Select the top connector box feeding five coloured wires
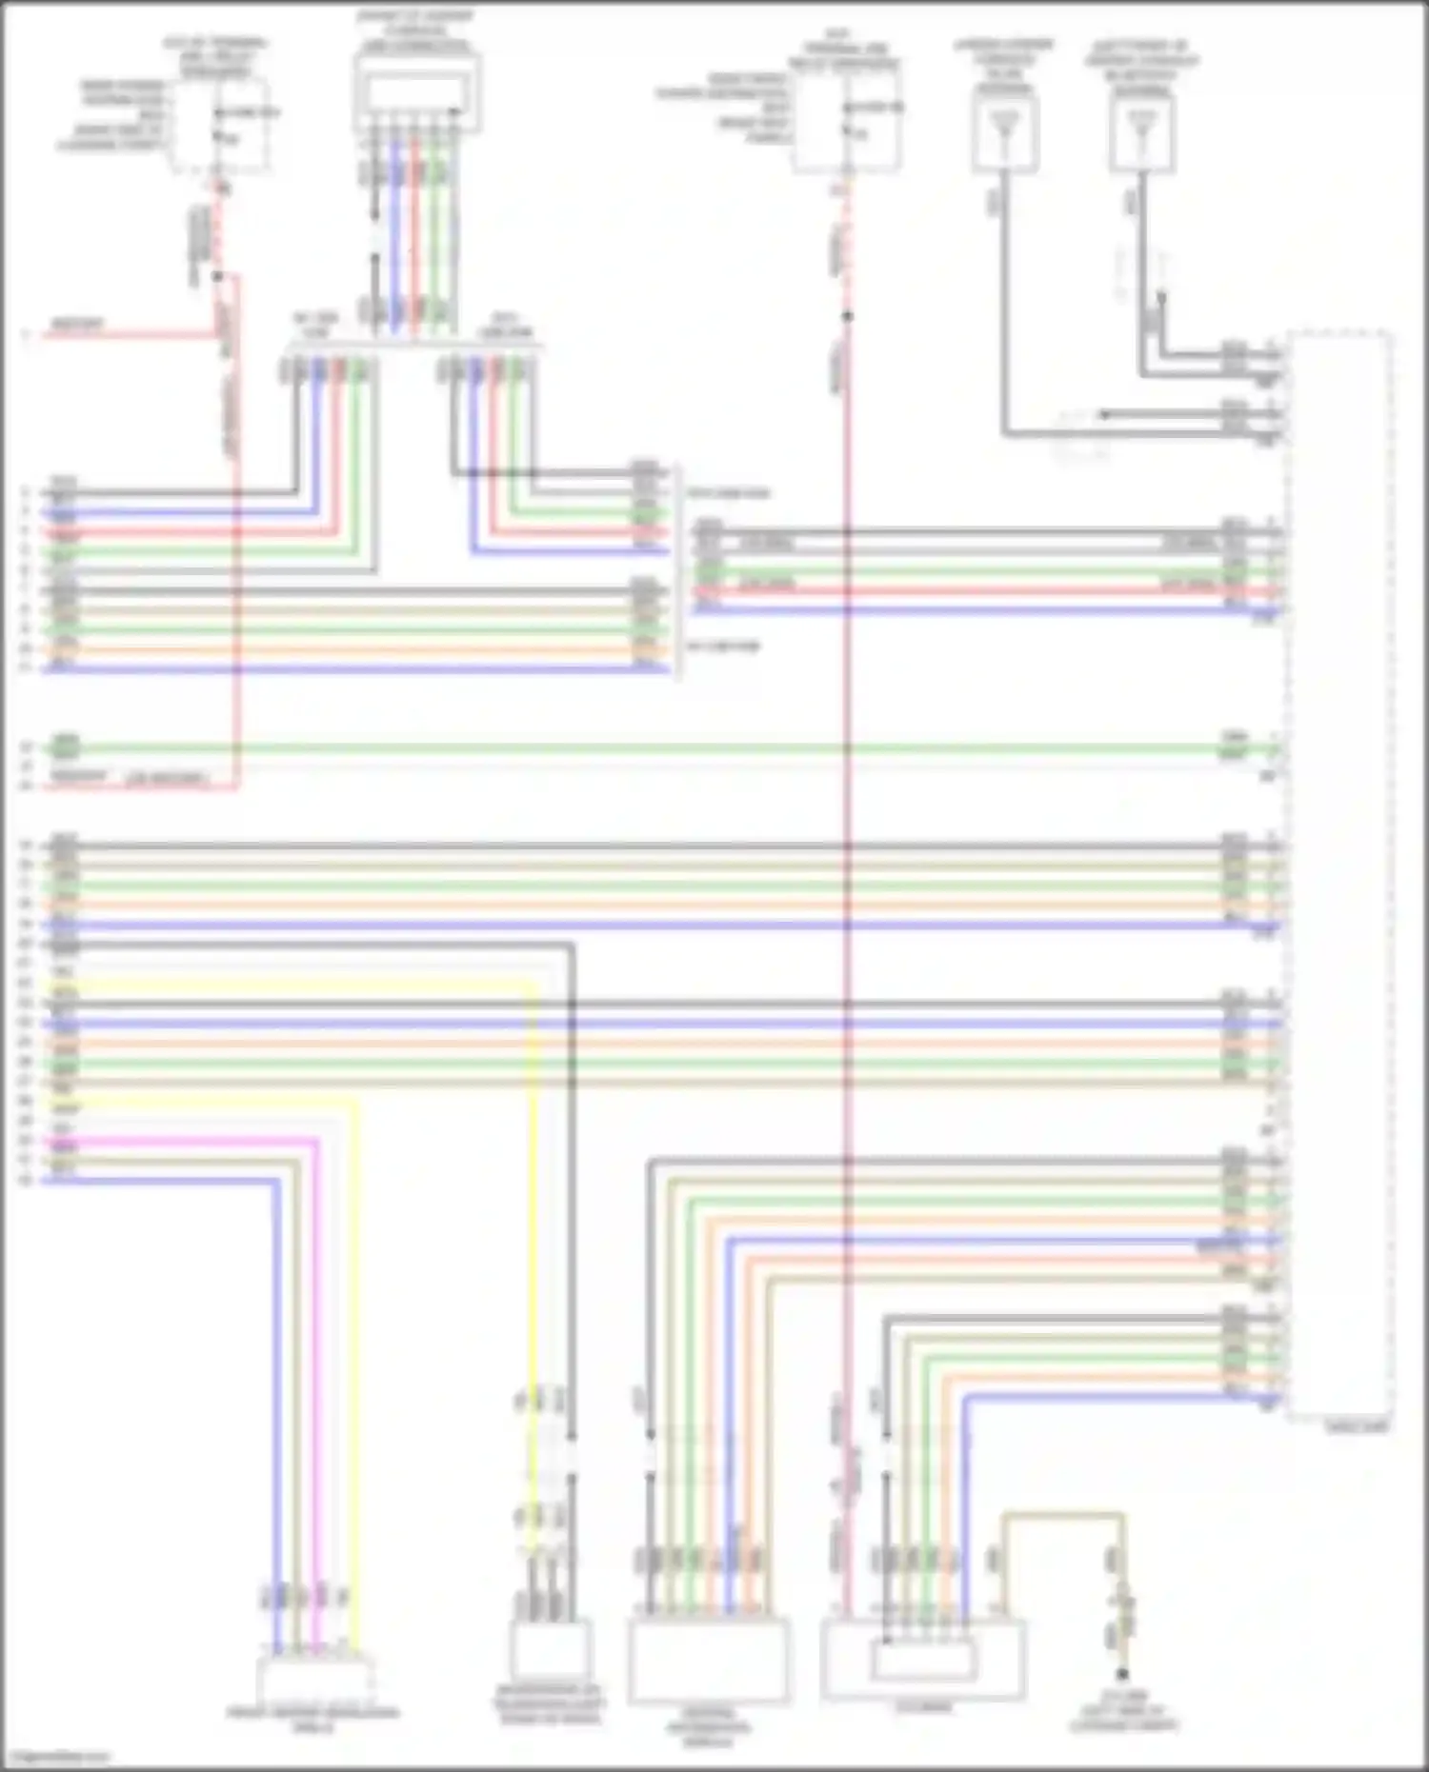pos(417,92)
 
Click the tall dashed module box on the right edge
pos(1338,876)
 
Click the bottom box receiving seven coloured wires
pos(708,1659)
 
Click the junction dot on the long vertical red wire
pos(846,316)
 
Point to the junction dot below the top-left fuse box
pos(218,276)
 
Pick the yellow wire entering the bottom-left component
pos(356,1381)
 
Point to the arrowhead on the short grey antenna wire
pos(1102,415)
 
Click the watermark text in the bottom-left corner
pos(55,1758)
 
